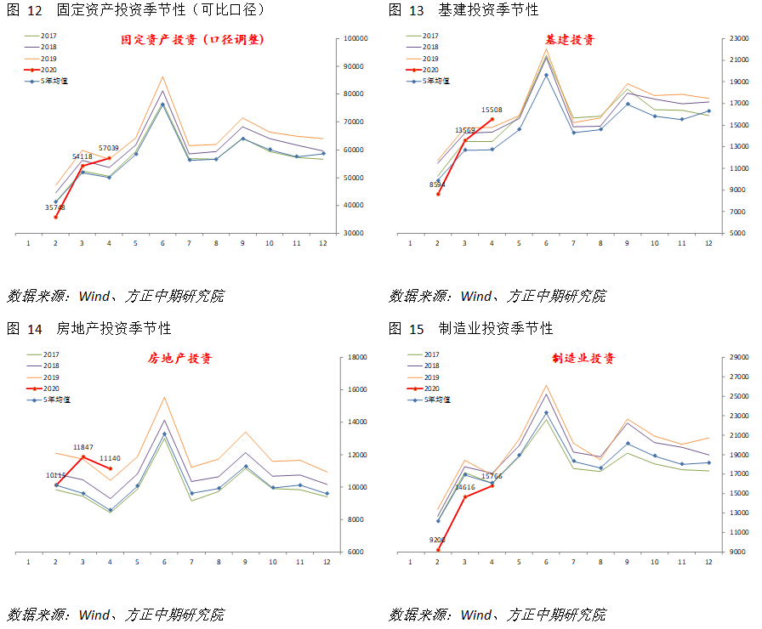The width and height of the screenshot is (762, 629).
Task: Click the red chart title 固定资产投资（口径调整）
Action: click(191, 39)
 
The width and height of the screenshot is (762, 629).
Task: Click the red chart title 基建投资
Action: click(570, 40)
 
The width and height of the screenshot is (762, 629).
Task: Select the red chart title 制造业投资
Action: click(583, 359)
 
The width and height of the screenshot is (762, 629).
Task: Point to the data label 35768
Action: click(55, 207)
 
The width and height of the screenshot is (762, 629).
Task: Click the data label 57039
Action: click(109, 148)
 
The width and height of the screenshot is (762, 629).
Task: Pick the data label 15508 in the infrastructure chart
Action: click(492, 110)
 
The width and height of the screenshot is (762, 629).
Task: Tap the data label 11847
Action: click(83, 447)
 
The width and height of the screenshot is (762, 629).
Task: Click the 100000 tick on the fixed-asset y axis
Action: click(354, 39)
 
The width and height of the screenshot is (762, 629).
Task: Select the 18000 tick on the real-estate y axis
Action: click(354, 358)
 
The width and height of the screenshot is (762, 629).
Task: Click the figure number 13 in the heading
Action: click(418, 10)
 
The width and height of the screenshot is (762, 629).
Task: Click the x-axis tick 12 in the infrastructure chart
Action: click(708, 243)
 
